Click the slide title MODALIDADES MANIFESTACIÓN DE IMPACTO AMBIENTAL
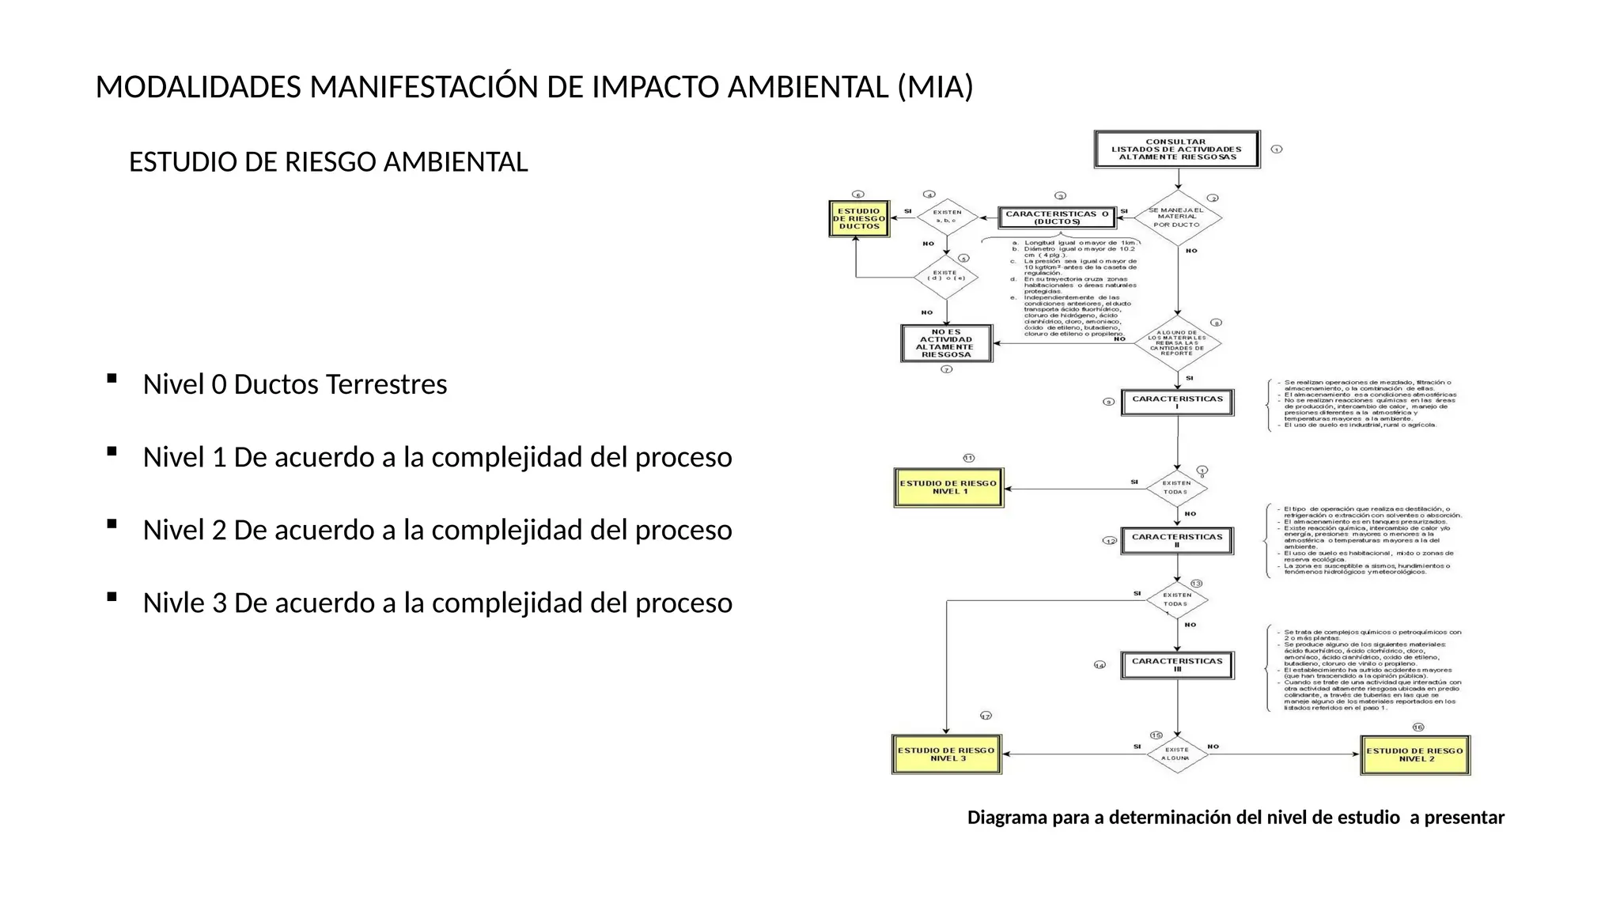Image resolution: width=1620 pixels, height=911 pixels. [534, 87]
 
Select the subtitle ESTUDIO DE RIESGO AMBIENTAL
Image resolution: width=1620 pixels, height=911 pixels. [328, 162]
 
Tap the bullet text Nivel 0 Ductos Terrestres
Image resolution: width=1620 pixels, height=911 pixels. [294, 384]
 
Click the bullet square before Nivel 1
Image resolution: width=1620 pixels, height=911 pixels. [112, 452]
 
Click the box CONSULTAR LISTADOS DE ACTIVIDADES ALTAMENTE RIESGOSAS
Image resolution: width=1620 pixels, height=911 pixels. [1176, 149]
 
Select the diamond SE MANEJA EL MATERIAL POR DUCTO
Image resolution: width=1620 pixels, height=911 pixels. [1178, 217]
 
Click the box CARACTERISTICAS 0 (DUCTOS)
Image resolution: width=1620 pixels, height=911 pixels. [1056, 217]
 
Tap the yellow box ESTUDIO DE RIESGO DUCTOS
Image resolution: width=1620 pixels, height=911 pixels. [859, 219]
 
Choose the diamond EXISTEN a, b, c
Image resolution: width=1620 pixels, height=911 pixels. [947, 217]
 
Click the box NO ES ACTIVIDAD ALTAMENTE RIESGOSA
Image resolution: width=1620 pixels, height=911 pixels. [946, 344]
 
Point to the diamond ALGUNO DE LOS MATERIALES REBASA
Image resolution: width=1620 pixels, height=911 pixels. [1177, 343]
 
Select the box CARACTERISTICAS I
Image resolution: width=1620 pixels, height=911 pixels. [1177, 403]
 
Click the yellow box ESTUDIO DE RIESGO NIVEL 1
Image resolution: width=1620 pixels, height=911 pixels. [948, 488]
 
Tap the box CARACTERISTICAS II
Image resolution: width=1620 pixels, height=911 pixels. [1177, 541]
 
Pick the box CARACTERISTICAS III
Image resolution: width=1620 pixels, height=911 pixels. [1177, 665]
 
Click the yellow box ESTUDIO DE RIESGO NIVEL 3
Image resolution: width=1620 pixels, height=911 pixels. [947, 754]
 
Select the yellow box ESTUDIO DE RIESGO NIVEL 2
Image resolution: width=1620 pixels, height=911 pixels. [1414, 755]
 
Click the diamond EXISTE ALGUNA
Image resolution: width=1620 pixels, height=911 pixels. [1177, 754]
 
